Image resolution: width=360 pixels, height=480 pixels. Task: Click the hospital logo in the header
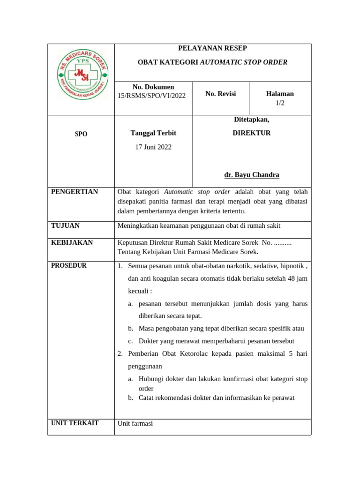[x=82, y=74]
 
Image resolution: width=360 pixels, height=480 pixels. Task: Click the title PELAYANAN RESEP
[x=212, y=48]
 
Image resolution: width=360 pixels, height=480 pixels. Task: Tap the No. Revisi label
[x=220, y=94]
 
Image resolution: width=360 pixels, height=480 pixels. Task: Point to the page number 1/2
[x=280, y=103]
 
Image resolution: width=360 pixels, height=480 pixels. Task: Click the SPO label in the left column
[x=81, y=134]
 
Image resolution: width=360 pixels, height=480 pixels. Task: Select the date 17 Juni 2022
[x=153, y=147]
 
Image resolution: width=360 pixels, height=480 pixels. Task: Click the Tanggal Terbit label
[x=153, y=133]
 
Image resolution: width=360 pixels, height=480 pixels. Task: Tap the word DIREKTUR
[x=252, y=133]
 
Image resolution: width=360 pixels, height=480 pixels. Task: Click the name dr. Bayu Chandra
[x=252, y=175]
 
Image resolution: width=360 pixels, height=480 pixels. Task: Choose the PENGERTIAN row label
[x=75, y=192]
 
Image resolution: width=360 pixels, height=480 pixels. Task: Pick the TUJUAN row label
[x=66, y=225]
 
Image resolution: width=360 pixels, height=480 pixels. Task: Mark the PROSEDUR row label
[x=69, y=265]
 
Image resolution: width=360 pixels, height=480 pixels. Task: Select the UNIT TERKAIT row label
[x=75, y=423]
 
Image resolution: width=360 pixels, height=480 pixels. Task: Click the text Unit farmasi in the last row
[x=135, y=423]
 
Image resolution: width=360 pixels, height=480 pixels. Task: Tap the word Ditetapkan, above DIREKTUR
[x=252, y=120]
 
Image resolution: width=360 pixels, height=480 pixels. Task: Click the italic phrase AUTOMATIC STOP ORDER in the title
[x=244, y=62]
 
